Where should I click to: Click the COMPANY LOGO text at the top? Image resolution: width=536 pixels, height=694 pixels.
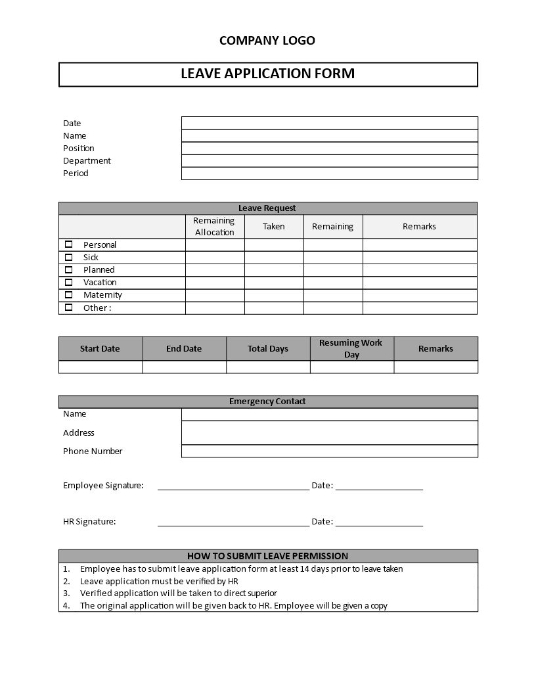[x=267, y=41]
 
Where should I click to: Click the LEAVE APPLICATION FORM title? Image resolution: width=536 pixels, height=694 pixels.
[x=268, y=74]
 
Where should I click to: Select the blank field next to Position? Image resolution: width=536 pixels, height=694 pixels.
[x=329, y=149]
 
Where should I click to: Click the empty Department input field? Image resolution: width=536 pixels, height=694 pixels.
[x=329, y=161]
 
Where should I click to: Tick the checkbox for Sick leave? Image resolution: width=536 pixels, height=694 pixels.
[x=68, y=258]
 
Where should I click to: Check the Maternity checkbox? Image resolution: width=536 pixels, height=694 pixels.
[x=68, y=295]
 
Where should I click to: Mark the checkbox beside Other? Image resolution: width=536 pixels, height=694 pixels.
[x=68, y=308]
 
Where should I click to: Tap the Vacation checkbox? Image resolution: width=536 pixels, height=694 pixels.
[x=68, y=283]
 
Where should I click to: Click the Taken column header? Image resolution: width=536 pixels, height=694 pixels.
[x=274, y=227]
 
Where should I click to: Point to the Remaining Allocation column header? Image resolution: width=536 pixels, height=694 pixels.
[x=214, y=227]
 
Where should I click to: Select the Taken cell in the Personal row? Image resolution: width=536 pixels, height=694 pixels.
[x=274, y=245]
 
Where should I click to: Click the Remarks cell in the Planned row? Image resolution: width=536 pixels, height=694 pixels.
[x=419, y=270]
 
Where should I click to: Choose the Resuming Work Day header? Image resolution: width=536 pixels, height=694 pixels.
[x=351, y=348]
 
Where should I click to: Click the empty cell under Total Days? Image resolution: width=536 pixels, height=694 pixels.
[x=268, y=367]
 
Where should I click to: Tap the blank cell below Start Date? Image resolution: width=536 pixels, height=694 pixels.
[x=100, y=367]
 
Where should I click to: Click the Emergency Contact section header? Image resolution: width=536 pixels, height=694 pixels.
[x=268, y=402]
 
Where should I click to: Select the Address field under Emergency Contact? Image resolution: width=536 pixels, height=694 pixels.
[x=329, y=433]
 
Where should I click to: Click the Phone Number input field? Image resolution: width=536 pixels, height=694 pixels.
[x=329, y=451]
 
